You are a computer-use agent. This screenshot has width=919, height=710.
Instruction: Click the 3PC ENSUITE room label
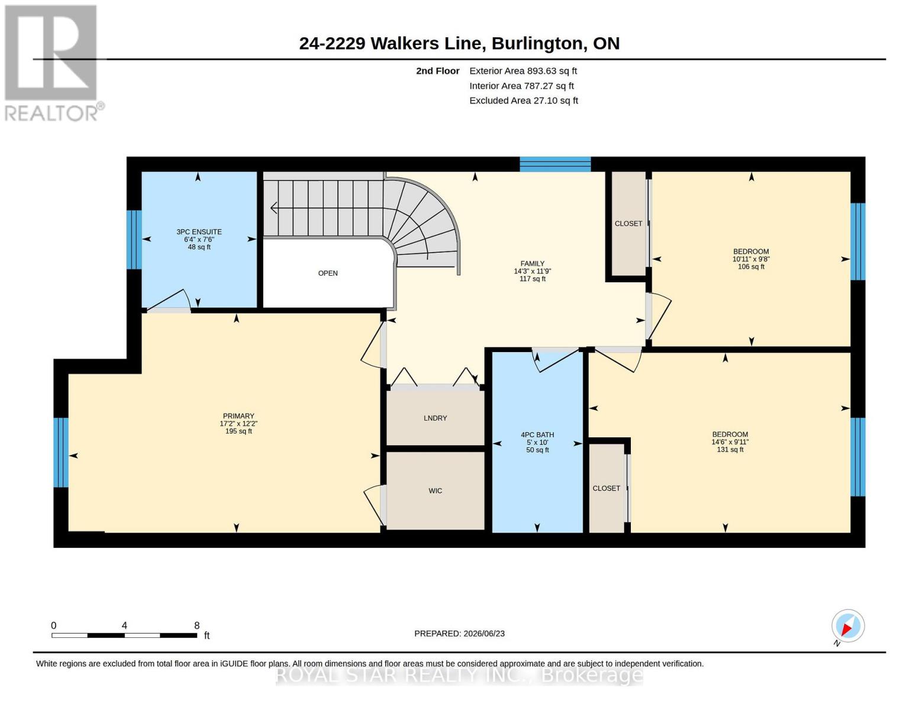(199, 232)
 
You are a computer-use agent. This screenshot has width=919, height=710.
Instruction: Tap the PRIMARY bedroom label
(238, 416)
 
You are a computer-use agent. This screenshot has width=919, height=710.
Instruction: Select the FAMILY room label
(533, 263)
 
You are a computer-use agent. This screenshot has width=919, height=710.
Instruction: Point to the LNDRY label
(435, 418)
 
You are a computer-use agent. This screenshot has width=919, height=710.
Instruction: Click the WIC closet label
(435, 490)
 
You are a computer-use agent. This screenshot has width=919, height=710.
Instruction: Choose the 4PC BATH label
(537, 435)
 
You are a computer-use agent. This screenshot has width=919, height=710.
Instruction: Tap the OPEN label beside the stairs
(328, 273)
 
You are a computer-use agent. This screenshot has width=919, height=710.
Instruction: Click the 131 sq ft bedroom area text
(730, 450)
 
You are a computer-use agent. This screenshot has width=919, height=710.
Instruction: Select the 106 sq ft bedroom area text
(751, 267)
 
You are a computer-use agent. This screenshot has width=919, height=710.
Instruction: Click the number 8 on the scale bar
(196, 625)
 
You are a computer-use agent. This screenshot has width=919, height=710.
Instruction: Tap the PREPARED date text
(459, 634)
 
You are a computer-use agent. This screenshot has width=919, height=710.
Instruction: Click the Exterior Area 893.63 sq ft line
(523, 71)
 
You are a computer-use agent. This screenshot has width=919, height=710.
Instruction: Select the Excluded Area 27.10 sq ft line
(524, 101)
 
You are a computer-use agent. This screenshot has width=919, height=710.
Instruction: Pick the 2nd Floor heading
(438, 71)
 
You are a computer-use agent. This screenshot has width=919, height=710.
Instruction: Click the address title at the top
(459, 44)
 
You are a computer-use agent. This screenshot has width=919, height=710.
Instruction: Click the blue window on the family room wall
(555, 164)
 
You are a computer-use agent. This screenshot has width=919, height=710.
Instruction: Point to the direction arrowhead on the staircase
(273, 208)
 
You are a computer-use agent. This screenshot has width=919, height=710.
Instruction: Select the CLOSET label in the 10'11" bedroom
(628, 224)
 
